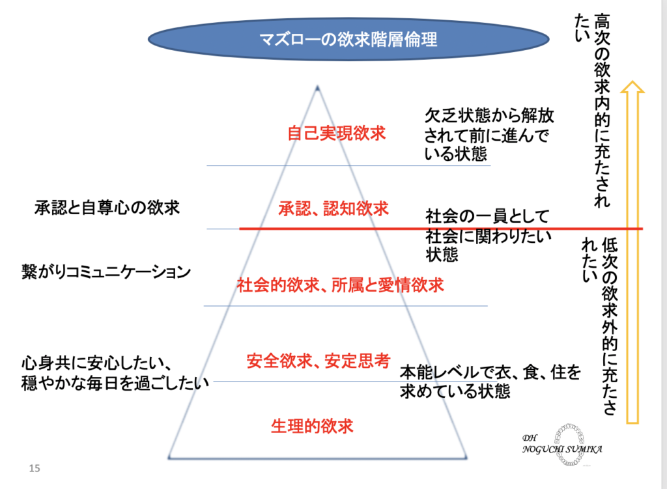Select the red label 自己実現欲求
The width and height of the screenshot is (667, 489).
337,133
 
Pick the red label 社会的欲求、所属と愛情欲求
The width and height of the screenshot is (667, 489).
340,285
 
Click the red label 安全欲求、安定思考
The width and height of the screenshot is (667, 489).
318,360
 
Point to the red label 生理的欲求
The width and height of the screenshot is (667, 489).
312,426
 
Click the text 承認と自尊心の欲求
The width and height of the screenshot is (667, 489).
107,208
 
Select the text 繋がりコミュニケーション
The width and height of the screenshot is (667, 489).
106,272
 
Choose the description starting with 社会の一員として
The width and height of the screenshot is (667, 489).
488,234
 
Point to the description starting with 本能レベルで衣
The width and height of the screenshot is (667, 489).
489,382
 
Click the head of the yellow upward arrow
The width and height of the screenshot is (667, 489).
631,89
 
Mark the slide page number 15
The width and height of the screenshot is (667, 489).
35,468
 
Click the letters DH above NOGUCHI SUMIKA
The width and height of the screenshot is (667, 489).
529,437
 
